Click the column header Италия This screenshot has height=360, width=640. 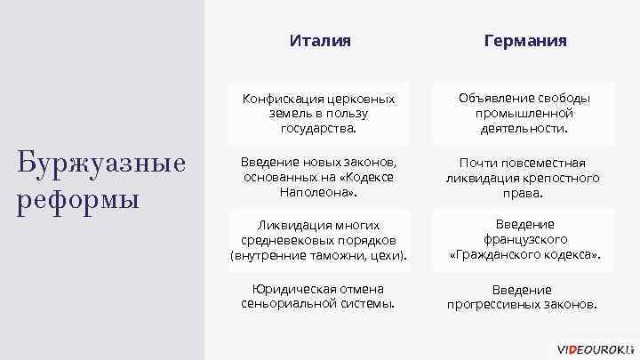pyautogui.click(x=320, y=41)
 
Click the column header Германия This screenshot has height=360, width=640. pyautogui.click(x=524, y=41)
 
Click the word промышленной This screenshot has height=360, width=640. pyautogui.click(x=524, y=113)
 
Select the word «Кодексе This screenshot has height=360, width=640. pyautogui.click(x=365, y=177)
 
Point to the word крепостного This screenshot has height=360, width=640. pyautogui.click(x=564, y=178)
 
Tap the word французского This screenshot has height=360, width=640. pyautogui.click(x=524, y=240)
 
